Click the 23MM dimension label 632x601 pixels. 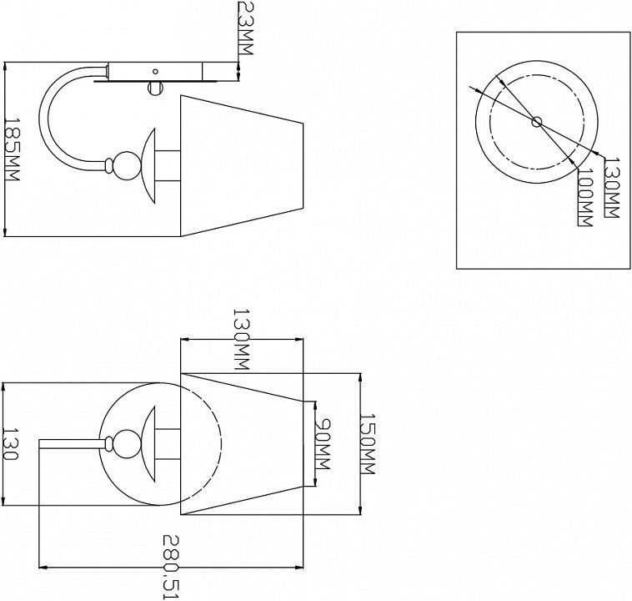[245, 28]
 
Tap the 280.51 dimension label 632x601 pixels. [170, 567]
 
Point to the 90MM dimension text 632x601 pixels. [322, 444]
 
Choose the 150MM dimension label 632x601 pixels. [367, 443]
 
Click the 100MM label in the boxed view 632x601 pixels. [585, 197]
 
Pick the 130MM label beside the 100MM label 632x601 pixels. [612, 187]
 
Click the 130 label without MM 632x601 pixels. [11, 444]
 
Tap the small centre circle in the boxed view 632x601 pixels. [537, 122]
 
